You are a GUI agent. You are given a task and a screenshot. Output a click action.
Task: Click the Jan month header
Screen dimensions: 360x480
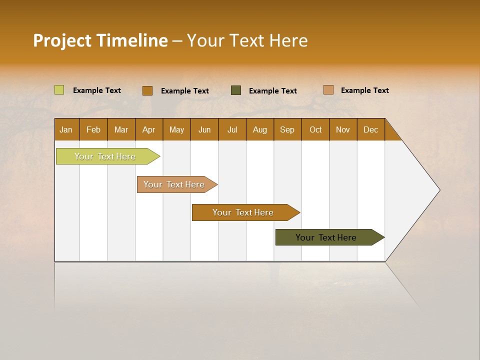66,129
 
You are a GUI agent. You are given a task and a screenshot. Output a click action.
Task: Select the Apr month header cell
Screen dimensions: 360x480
149,129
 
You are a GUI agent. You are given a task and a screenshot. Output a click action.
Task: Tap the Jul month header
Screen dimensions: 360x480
232,129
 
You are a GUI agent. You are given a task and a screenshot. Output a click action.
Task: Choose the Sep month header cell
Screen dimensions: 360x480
287,129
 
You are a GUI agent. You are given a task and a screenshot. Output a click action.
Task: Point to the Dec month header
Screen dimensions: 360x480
370,129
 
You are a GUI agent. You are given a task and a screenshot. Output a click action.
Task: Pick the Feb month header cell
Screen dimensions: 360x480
93,129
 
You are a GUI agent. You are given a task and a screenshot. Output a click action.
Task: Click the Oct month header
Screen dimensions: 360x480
315,129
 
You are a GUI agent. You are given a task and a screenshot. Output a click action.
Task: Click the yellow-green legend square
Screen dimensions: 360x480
59,90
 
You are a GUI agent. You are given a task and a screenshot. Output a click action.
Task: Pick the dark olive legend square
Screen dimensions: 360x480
236,90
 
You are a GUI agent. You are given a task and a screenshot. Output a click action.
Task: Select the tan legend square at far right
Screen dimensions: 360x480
328,90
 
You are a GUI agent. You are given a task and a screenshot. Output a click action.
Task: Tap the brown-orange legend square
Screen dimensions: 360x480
147,90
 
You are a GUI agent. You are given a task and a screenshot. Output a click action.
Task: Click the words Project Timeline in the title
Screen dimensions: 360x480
100,40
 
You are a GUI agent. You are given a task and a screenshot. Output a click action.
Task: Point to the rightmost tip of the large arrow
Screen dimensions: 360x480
439,190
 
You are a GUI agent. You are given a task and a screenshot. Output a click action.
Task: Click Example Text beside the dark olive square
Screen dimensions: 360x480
273,91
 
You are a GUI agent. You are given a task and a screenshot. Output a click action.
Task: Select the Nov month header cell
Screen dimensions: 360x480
343,129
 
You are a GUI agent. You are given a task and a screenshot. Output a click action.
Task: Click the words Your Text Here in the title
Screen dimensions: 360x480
247,40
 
